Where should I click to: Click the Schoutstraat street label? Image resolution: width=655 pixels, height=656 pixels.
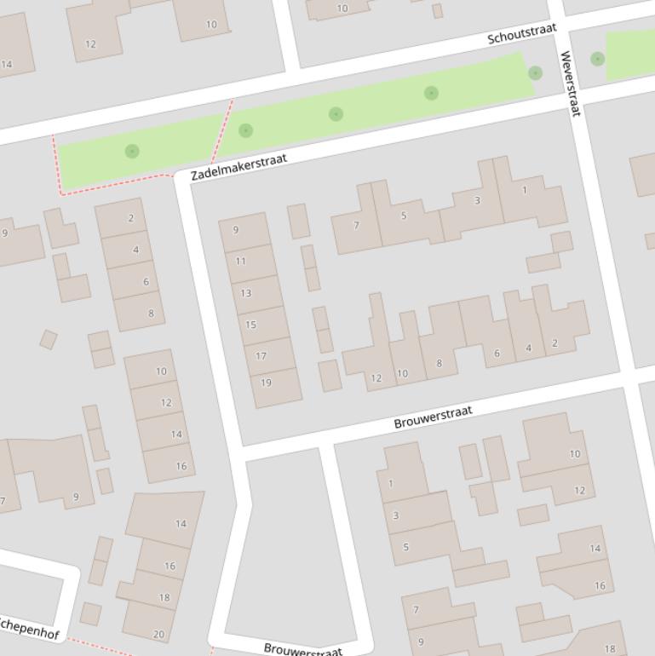(521, 34)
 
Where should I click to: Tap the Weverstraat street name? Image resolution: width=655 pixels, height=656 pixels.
(569, 83)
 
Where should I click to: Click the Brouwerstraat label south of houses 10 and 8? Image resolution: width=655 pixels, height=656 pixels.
(433, 417)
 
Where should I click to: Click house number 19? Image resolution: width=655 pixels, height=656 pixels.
(266, 383)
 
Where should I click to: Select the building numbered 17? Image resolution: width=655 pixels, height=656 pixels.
(261, 356)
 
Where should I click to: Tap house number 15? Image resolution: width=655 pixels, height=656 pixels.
(250, 325)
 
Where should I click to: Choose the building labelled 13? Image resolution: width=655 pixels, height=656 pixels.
(245, 293)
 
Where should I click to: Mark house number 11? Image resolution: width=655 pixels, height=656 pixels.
(240, 262)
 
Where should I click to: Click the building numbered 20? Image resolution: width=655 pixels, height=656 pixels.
(158, 634)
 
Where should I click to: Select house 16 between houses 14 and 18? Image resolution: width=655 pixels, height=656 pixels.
(169, 566)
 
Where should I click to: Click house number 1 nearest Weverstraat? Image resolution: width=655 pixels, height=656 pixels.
(525, 191)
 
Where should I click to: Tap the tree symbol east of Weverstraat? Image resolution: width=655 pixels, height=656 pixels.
(598, 59)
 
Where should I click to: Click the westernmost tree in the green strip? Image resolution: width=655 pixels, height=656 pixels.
(132, 151)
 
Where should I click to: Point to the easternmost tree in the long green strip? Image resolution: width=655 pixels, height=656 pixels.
(535, 73)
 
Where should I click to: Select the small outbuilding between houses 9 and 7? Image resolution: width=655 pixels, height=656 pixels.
(298, 222)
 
